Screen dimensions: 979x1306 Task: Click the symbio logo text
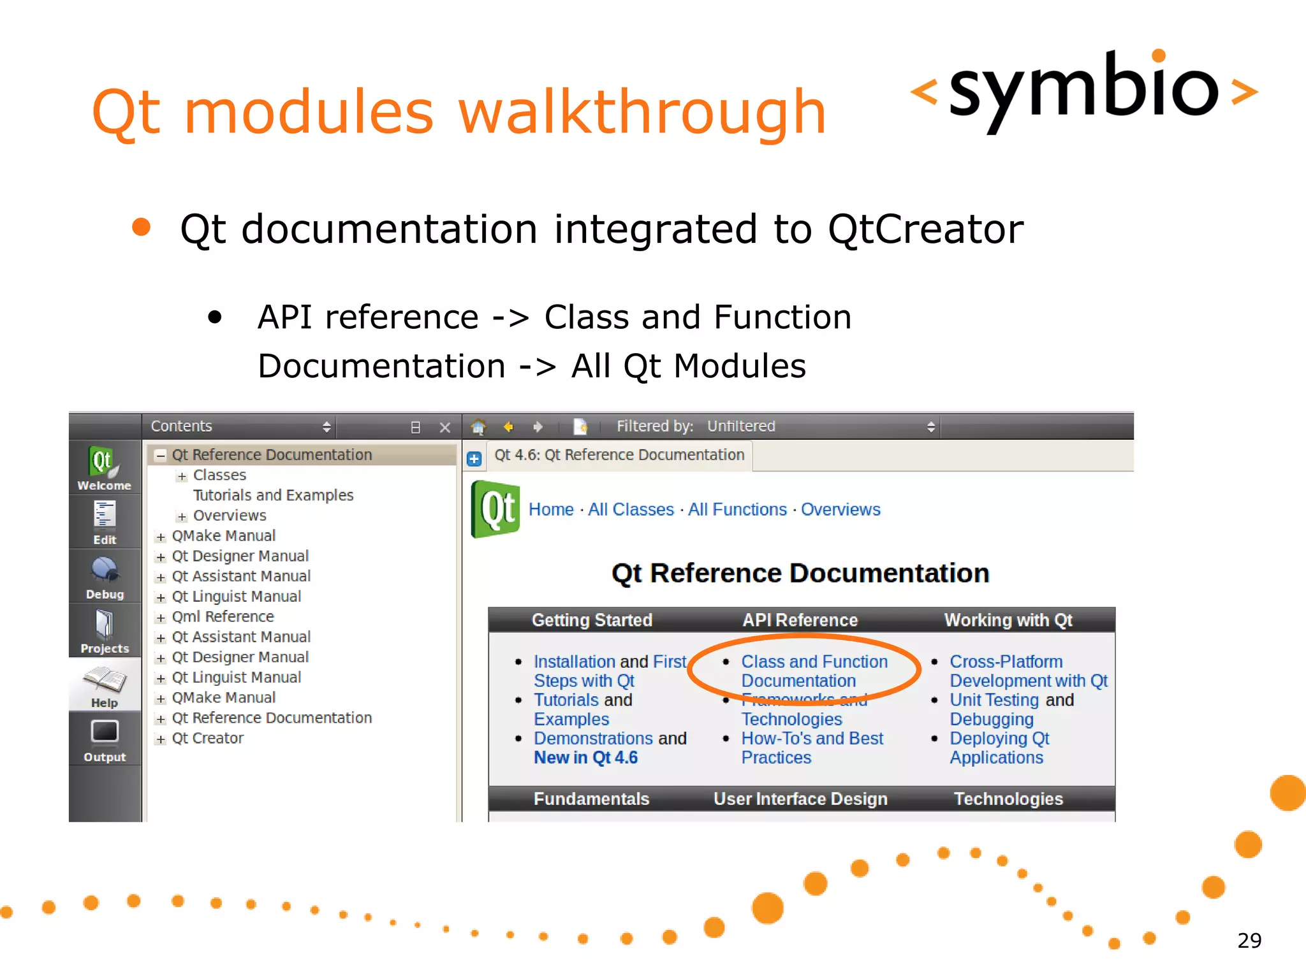[1083, 89]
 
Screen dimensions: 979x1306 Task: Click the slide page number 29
[1249, 940]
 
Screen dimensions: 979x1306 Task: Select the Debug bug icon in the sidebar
[104, 570]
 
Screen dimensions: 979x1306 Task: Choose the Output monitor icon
[105, 732]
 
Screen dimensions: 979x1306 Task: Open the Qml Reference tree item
[223, 617]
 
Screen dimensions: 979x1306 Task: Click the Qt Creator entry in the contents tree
[207, 738]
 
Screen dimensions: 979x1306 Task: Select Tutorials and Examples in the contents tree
[273, 495]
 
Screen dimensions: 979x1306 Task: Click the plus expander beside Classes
[182, 476]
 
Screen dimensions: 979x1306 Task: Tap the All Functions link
[737, 510]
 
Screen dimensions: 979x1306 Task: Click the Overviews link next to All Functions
[840, 510]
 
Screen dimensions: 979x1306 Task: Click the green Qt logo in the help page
[495, 509]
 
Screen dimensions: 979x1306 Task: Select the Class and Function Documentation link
[813, 671]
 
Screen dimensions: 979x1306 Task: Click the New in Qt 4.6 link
[585, 758]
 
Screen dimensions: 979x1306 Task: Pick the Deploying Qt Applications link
[998, 748]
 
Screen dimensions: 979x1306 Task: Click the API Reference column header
[800, 620]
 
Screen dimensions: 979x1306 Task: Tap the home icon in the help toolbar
[478, 426]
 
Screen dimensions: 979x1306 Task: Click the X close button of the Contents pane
[445, 427]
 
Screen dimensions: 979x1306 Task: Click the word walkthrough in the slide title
[641, 113]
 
